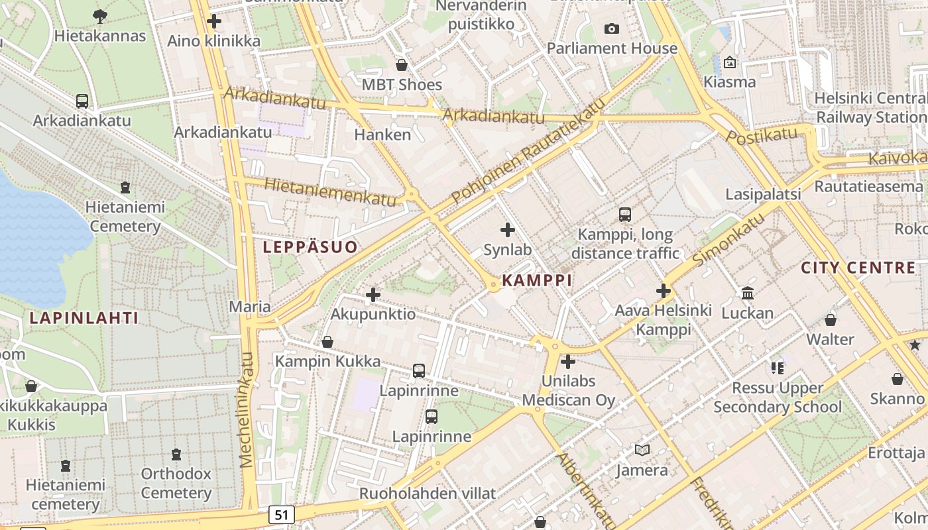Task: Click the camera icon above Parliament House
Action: click(x=611, y=28)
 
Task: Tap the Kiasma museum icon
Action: click(x=730, y=63)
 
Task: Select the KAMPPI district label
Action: click(x=537, y=280)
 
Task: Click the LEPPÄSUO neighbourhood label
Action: click(x=310, y=247)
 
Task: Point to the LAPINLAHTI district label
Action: click(x=84, y=318)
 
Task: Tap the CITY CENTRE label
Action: click(x=858, y=268)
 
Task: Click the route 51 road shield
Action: click(x=282, y=514)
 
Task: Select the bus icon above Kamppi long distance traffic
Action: click(x=624, y=215)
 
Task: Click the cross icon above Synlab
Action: click(x=508, y=230)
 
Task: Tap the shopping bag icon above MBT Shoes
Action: click(x=402, y=65)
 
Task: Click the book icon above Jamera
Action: click(x=642, y=450)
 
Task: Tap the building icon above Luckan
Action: click(x=748, y=293)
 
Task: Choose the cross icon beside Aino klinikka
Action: click(x=214, y=21)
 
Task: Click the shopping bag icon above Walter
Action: click(x=831, y=320)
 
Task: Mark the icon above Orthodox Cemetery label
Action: click(x=176, y=454)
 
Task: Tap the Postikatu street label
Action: click(x=762, y=136)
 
